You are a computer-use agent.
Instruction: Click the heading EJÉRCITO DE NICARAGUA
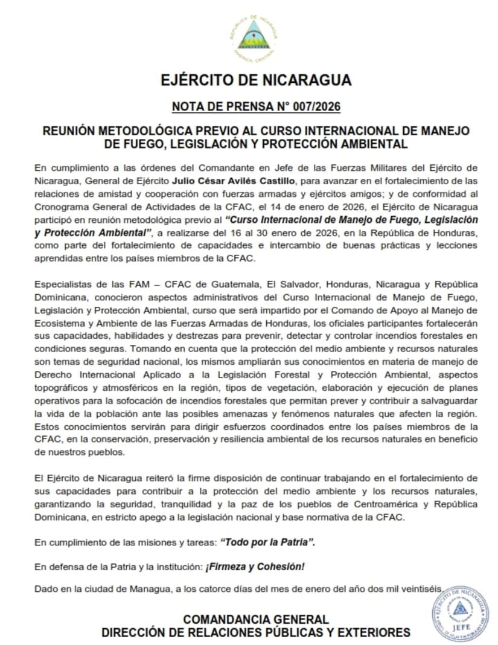[x=256, y=80]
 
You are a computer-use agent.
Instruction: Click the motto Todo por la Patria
[x=268, y=542]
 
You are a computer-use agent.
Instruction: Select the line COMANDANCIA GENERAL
[x=256, y=620]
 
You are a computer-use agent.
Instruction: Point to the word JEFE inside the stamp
[x=460, y=627]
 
